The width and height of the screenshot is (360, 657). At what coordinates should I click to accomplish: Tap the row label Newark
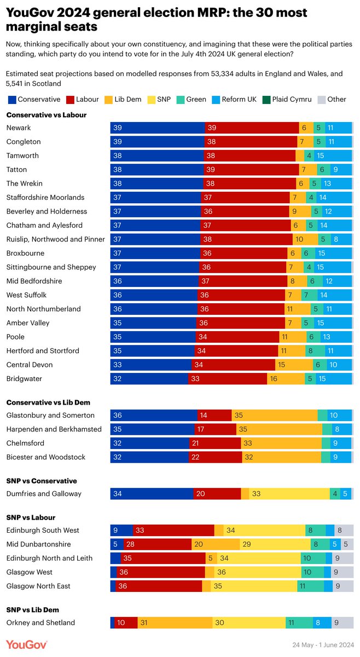[x=19, y=128]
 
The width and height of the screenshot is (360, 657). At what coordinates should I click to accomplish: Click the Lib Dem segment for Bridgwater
[x=286, y=378]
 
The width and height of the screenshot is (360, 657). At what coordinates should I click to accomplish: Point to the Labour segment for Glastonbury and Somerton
[x=214, y=415]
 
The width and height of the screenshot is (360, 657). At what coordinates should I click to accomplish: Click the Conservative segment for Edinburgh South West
[x=121, y=530]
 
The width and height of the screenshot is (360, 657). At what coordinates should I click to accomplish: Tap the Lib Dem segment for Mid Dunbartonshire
[x=216, y=544]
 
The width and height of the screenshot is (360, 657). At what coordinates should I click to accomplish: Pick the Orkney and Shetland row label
[x=40, y=622]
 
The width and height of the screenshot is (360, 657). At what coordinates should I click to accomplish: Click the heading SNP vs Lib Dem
[x=32, y=609]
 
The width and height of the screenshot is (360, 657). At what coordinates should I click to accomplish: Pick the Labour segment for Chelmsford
[x=215, y=443]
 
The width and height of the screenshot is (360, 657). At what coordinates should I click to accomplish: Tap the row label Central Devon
[x=30, y=365]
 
